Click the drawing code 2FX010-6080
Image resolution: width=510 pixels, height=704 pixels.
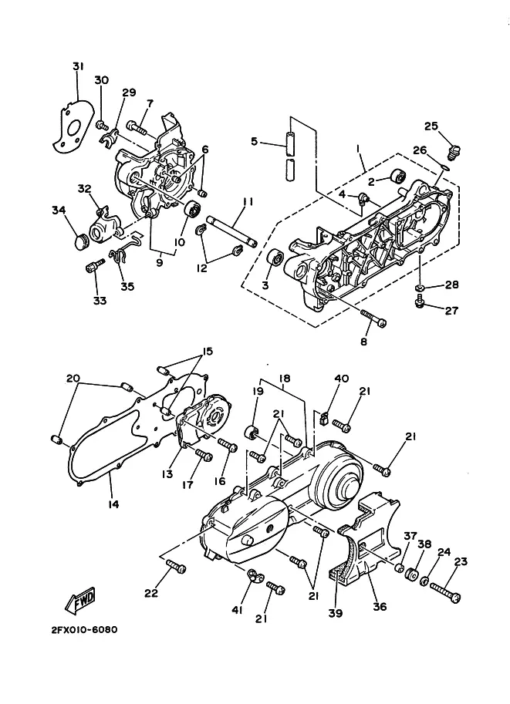(84, 629)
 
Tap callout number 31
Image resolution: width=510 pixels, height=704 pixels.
(78, 66)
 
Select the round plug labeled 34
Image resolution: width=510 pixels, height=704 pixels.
(81, 241)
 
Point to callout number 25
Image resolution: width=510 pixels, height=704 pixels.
(431, 126)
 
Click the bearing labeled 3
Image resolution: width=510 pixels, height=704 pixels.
(275, 258)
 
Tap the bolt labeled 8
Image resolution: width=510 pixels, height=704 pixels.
(373, 318)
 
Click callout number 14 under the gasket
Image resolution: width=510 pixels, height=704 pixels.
(113, 504)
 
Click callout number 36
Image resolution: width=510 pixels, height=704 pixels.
(380, 607)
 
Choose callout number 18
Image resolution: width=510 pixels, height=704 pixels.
(285, 379)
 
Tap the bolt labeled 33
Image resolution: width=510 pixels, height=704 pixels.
(94, 266)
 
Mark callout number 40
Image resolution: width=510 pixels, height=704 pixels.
(342, 379)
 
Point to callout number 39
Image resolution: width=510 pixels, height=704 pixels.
(336, 612)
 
